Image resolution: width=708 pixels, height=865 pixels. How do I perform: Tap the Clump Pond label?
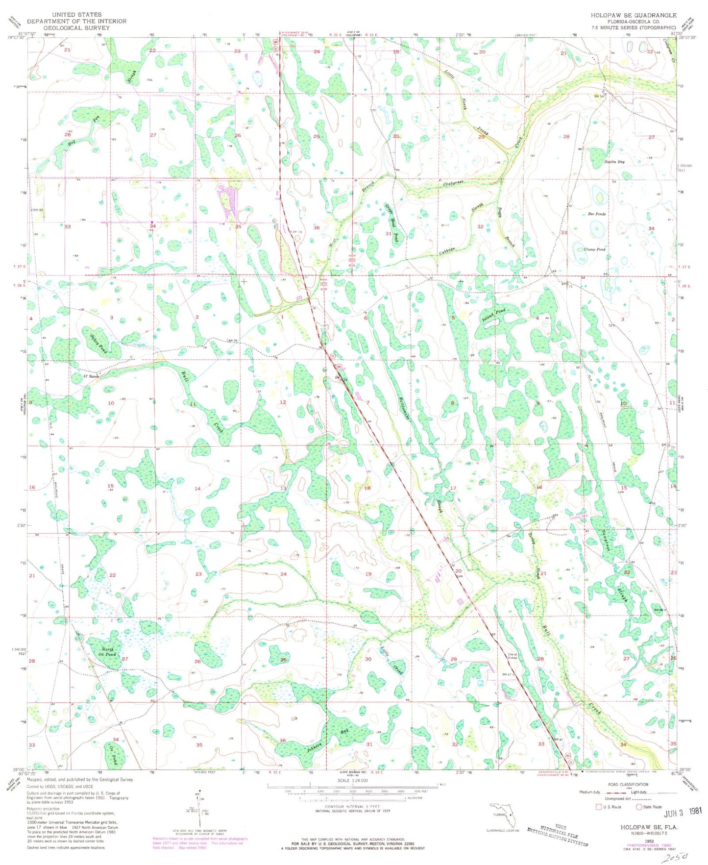click(x=595, y=249)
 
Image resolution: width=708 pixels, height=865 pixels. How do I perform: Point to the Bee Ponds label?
click(x=596, y=214)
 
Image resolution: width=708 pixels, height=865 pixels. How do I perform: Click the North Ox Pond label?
click(x=107, y=652)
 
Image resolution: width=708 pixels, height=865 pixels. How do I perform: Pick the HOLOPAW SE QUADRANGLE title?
click(x=634, y=15)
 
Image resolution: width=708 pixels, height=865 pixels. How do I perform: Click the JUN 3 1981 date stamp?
click(x=683, y=813)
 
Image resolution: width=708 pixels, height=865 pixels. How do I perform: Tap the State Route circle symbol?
click(x=638, y=807)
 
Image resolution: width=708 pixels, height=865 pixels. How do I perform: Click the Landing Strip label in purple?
click(x=577, y=517)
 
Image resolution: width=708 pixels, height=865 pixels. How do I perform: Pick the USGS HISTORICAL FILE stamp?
click(x=558, y=833)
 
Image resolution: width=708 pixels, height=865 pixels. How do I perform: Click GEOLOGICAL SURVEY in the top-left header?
click(x=76, y=28)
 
